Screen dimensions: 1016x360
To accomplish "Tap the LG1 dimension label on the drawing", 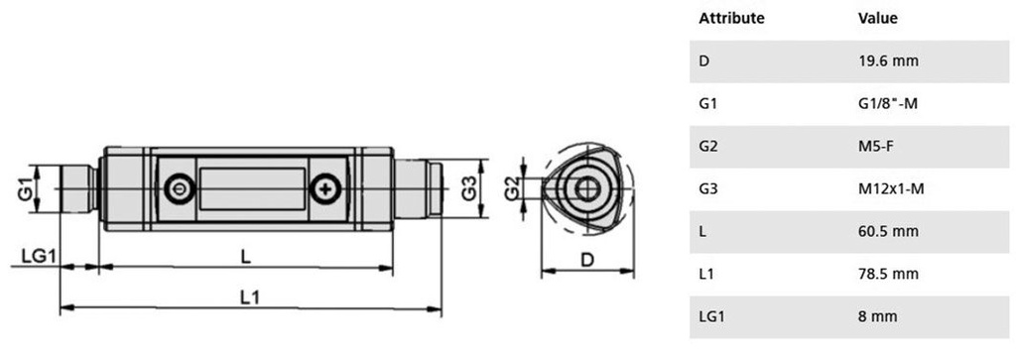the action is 38,257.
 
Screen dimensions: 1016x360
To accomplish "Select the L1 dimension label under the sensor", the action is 249,298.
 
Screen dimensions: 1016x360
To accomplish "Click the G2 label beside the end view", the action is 512,189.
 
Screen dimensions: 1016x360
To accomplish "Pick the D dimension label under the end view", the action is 587,260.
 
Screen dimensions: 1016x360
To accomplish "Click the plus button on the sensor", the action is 325,189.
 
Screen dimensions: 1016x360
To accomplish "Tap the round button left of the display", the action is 180,189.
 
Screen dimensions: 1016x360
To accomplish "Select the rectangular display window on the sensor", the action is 252,188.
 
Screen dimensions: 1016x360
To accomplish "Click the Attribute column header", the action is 731,18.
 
